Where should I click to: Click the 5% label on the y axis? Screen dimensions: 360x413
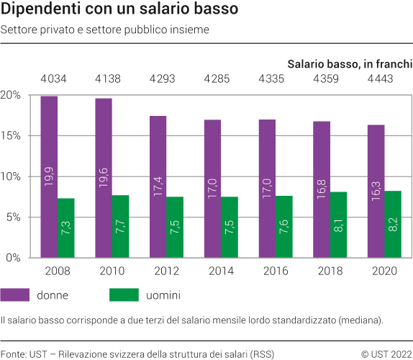pyautogui.click(x=13, y=217)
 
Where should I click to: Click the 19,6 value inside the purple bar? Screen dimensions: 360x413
pyautogui.click(x=104, y=176)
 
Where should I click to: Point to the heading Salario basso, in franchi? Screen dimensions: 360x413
pyautogui.click(x=350, y=63)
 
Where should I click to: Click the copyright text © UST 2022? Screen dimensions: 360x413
pyautogui.click(x=386, y=354)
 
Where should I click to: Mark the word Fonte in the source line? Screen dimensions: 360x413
pyautogui.click(x=13, y=354)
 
